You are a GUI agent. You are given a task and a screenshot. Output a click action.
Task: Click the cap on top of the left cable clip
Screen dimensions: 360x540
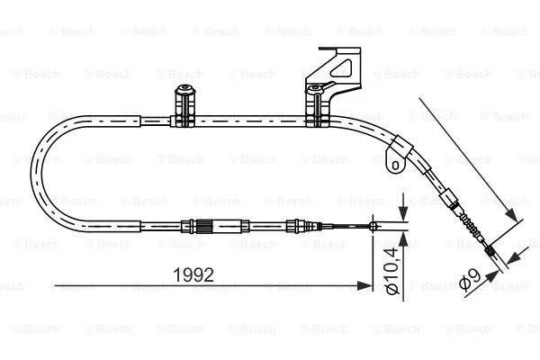point(185,89)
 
